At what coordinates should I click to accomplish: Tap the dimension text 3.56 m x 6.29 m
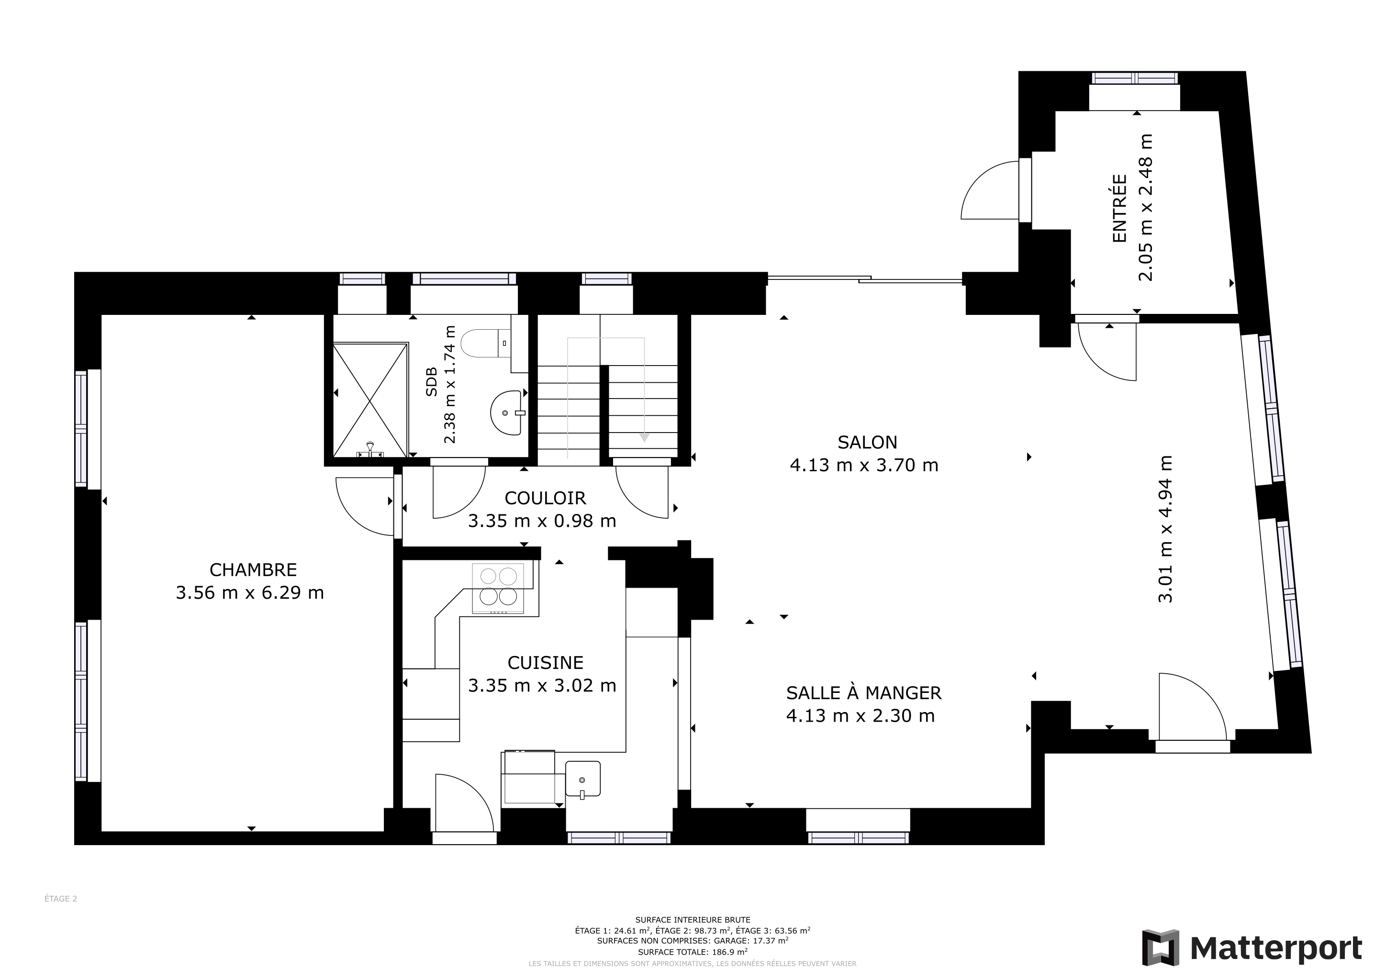(x=250, y=592)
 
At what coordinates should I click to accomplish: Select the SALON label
(x=868, y=442)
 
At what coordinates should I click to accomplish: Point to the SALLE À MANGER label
(x=864, y=693)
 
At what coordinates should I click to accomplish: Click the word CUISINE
(x=546, y=663)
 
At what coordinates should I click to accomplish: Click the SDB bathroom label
(x=431, y=382)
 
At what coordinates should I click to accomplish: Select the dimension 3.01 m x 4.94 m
(x=1166, y=529)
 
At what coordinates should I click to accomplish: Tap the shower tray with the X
(x=370, y=400)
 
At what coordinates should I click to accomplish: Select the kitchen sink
(x=582, y=779)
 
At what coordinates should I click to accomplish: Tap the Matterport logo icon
(x=1160, y=948)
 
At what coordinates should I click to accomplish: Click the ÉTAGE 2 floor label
(x=61, y=899)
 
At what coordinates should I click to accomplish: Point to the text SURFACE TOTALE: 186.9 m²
(x=693, y=952)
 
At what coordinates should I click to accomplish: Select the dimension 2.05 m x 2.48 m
(x=1145, y=208)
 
